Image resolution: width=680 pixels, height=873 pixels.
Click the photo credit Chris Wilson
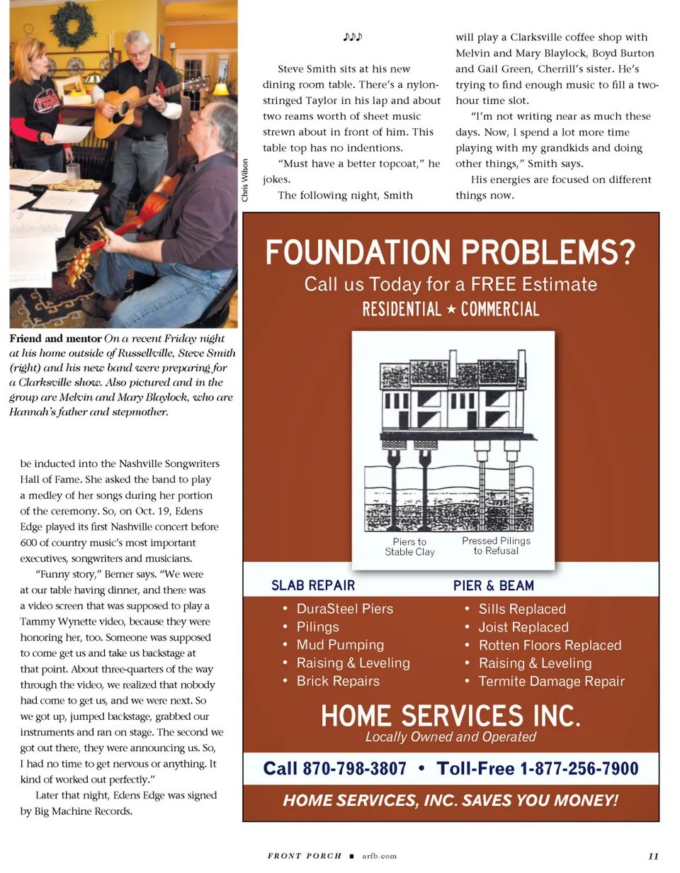tap(245, 180)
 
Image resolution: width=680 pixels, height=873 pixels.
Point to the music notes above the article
tap(352, 36)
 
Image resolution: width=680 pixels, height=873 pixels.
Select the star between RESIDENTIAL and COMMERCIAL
tap(450, 309)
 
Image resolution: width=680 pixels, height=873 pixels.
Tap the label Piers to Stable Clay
tap(409, 547)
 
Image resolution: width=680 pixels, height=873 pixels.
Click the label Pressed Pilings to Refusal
tap(496, 546)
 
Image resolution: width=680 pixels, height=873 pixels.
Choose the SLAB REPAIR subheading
tap(313, 586)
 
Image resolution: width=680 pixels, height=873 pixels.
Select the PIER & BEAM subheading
tap(494, 586)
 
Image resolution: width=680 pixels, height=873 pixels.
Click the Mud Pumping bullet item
tap(340, 645)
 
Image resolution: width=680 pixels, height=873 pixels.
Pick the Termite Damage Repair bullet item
tap(551, 682)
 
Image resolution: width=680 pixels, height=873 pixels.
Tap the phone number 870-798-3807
tap(355, 769)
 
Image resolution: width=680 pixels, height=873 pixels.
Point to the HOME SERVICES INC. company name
tap(450, 716)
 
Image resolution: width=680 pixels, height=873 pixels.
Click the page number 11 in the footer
tap(653, 856)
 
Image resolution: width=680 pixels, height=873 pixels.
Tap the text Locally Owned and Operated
tap(450, 737)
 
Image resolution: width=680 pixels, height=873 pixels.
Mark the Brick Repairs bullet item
tap(338, 681)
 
